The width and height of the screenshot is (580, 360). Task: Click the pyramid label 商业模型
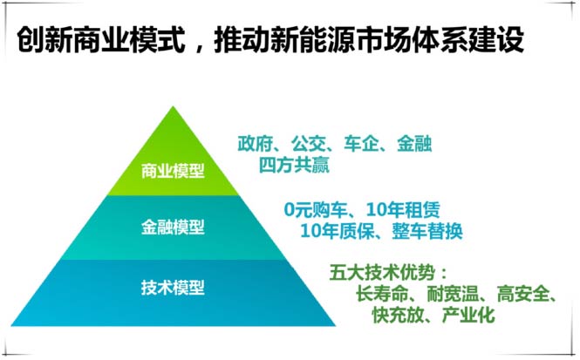173,171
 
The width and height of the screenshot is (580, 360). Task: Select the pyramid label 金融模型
173,227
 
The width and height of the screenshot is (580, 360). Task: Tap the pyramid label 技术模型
173,288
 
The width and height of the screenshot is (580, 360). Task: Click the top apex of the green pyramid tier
173,106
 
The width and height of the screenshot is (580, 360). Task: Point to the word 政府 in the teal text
255,144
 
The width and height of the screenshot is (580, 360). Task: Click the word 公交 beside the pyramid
308,144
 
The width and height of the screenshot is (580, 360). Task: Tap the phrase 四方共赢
294,165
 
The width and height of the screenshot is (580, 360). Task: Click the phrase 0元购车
316,209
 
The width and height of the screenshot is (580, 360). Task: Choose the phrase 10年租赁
403,209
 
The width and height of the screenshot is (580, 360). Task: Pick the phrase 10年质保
337,231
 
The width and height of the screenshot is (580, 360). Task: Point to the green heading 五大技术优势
382,273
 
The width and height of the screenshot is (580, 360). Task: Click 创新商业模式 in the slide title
101,39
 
